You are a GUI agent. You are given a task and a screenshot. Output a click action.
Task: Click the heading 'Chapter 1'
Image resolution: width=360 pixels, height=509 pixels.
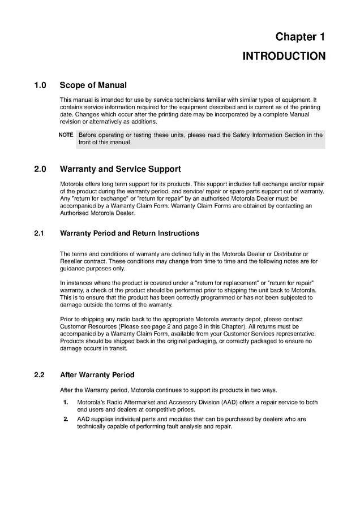(x=300, y=37)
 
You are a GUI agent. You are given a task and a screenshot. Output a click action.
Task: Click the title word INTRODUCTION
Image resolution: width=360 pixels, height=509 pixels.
(x=284, y=56)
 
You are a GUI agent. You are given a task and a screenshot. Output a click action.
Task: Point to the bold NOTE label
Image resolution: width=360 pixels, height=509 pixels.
(x=66, y=135)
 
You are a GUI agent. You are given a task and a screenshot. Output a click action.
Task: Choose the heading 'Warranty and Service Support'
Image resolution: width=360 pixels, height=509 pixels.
(x=120, y=169)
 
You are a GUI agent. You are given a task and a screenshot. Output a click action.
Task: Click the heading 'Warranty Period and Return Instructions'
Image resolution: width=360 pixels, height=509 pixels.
(x=130, y=233)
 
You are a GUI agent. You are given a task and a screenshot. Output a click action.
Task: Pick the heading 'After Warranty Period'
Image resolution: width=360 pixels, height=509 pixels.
(x=97, y=374)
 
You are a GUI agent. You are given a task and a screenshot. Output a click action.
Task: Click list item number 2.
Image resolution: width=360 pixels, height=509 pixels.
(x=66, y=419)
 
